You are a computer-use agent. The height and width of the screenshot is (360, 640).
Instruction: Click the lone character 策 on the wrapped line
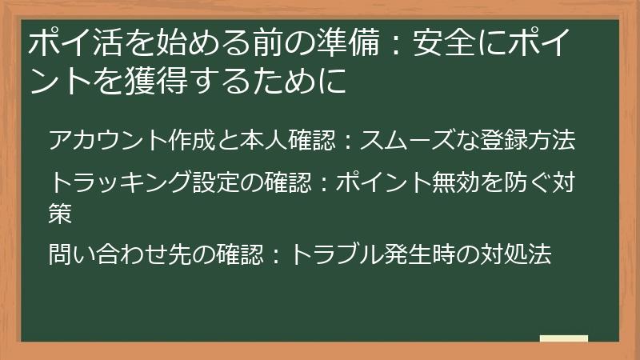click(62, 212)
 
